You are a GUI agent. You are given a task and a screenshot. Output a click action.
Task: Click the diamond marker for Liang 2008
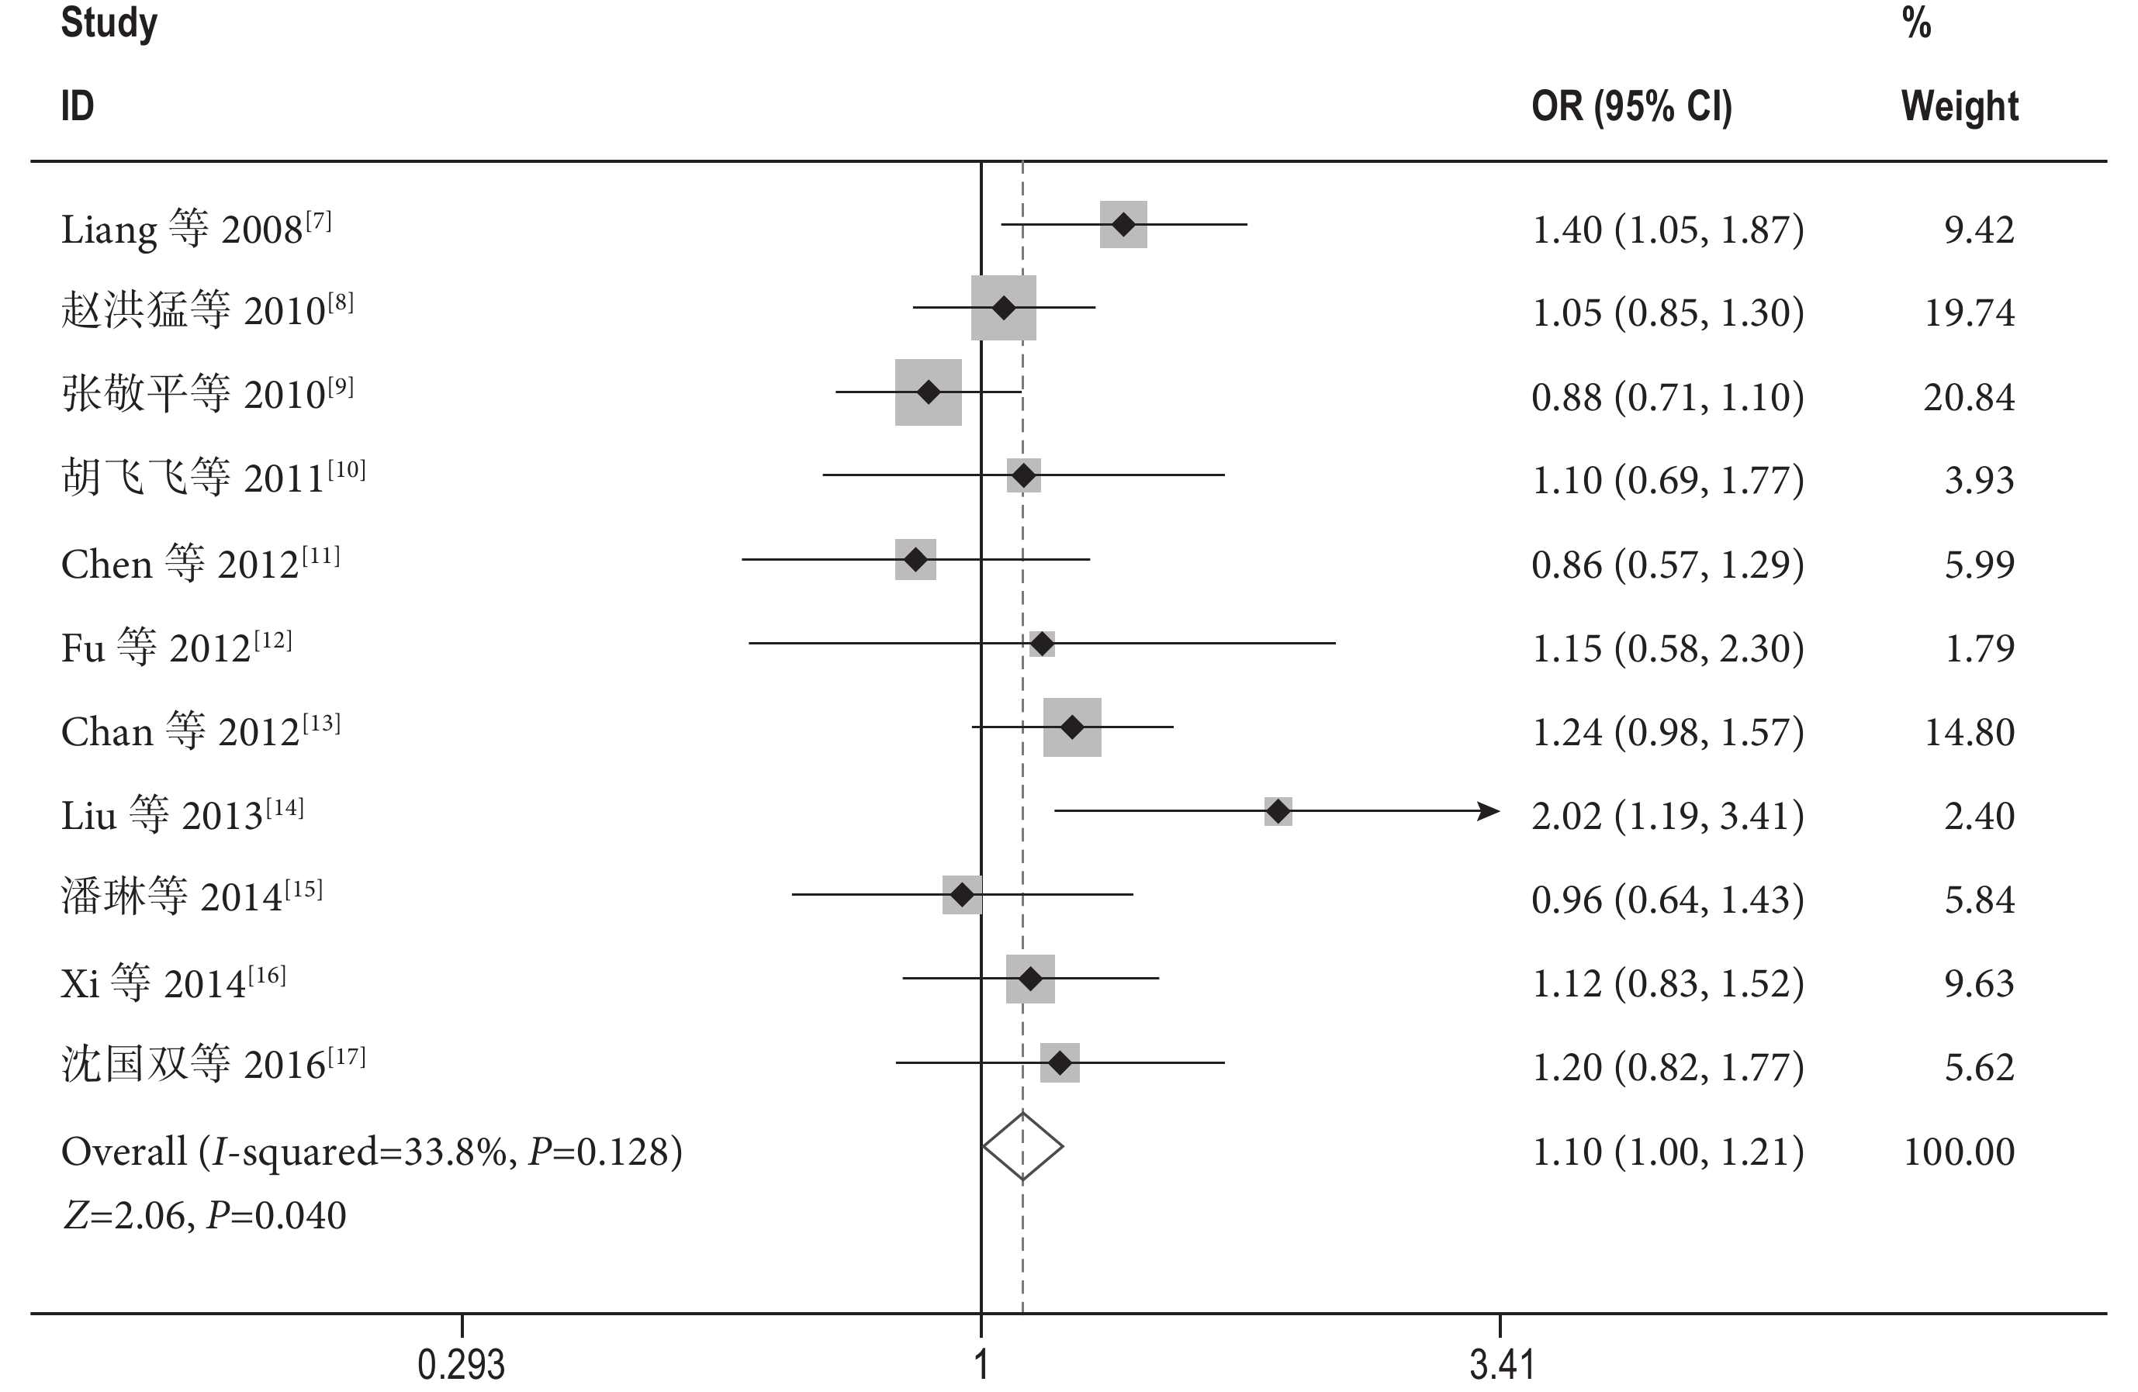tap(1123, 225)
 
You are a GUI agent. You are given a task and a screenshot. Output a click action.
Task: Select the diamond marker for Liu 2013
tap(1278, 812)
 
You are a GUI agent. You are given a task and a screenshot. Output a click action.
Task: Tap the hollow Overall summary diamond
tap(1022, 1146)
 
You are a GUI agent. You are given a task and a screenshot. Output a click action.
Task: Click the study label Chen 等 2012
tap(199, 564)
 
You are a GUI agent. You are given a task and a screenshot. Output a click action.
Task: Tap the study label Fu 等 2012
tap(176, 648)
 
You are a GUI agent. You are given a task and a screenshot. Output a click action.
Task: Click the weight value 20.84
tap(1969, 397)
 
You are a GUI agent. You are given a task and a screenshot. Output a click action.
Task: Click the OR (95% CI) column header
tap(1631, 107)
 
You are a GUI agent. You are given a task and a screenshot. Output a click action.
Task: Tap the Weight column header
tap(1960, 107)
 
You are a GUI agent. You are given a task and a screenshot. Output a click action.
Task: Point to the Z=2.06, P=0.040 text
tap(204, 1216)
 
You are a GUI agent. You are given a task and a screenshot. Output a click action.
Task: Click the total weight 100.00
tap(1960, 1152)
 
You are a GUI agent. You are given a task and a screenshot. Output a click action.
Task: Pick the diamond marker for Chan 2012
tap(1071, 727)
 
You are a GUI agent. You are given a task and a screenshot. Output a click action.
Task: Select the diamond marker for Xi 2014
tap(1030, 979)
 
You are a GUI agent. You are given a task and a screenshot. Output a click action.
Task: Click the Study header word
tap(109, 23)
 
